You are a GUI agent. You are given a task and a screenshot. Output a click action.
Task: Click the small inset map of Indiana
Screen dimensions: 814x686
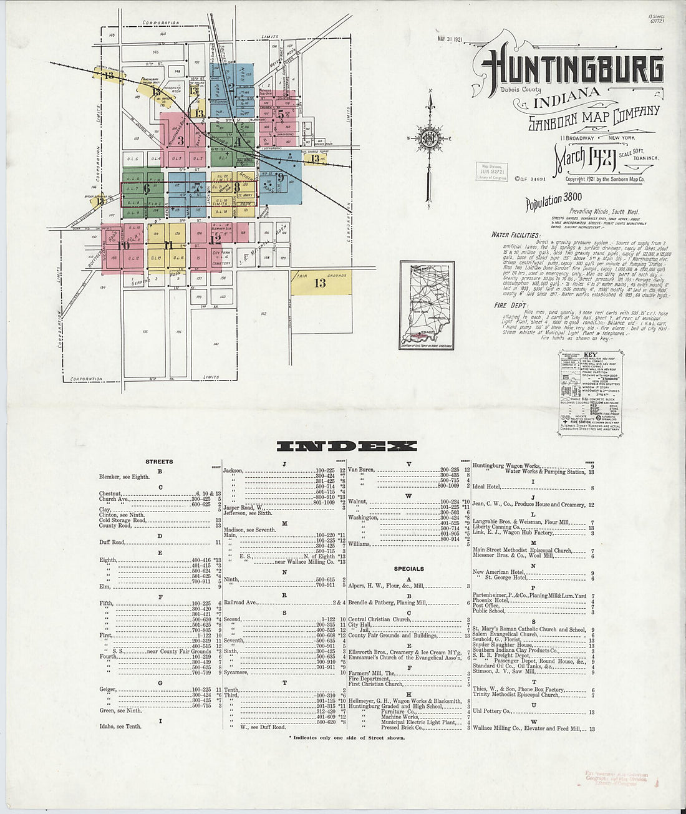(427, 306)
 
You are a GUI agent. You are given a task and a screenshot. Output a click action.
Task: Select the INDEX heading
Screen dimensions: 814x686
(345, 445)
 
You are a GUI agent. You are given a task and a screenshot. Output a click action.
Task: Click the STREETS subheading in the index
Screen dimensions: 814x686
(159, 462)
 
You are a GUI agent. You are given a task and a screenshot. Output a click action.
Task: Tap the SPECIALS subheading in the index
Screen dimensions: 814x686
(408, 569)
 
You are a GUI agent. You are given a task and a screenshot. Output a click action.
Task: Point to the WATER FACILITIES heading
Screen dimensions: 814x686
(515, 235)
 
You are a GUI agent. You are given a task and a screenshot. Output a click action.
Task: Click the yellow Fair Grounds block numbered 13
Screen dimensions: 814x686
(321, 283)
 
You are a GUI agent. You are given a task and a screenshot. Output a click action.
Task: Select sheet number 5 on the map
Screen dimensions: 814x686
(281, 114)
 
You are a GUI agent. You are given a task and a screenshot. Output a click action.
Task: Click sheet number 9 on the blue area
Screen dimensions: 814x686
(281, 177)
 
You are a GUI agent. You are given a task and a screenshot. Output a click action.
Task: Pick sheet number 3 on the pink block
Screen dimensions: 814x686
(181, 141)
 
